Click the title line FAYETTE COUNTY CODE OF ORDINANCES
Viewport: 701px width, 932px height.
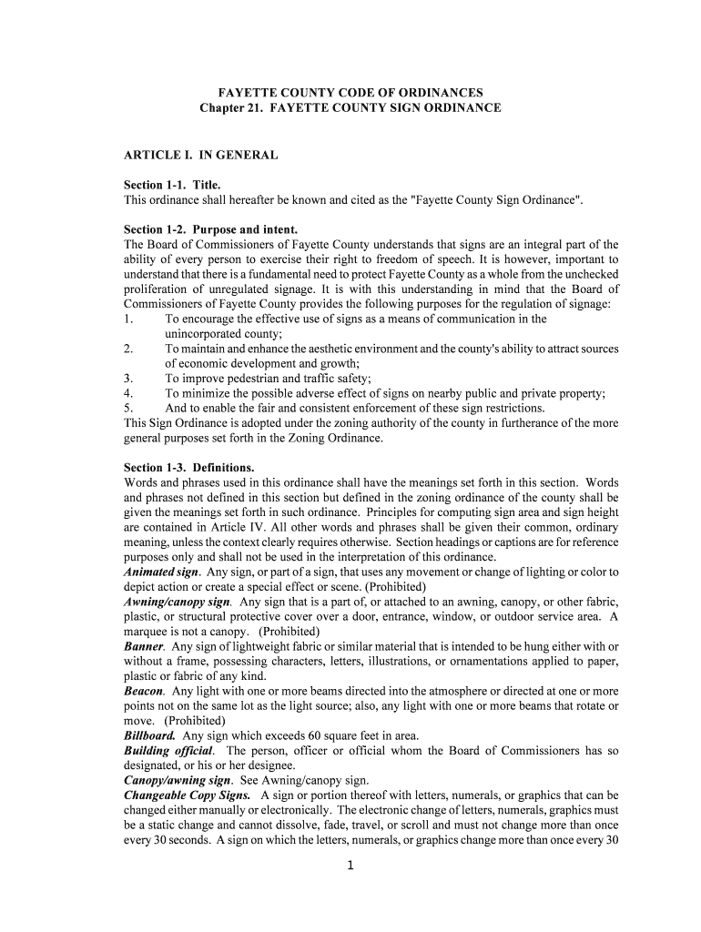(350, 93)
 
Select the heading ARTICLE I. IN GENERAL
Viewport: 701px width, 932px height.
(200, 156)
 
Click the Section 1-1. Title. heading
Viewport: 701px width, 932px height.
(172, 185)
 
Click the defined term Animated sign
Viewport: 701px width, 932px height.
(161, 572)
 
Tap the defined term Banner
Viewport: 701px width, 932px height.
(144, 646)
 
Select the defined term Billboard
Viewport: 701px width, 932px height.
(150, 734)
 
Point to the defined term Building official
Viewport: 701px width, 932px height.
(168, 750)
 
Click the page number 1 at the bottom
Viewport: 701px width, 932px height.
(350, 866)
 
